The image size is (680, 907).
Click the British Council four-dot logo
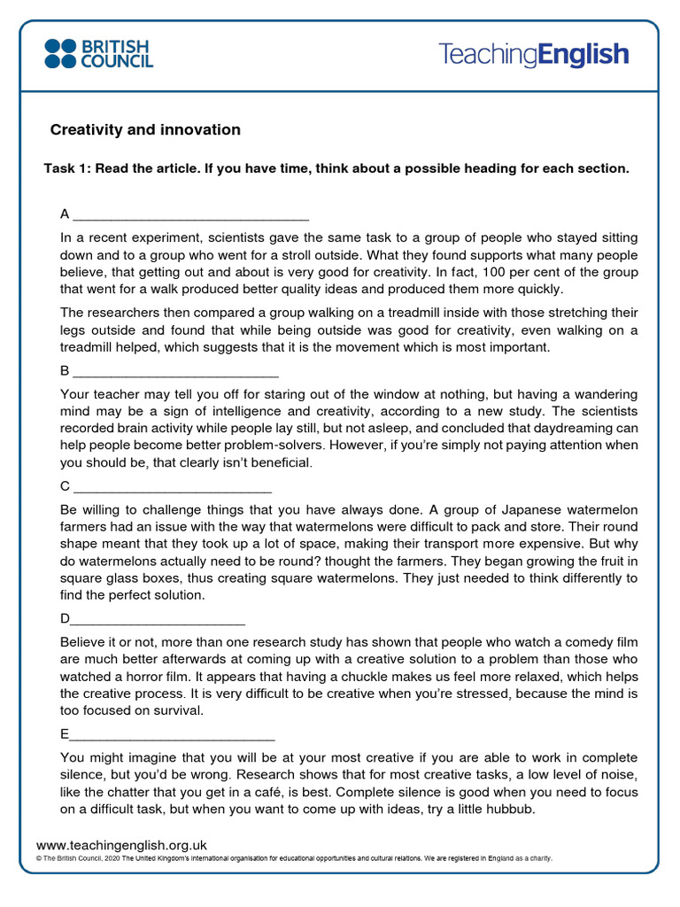(x=61, y=53)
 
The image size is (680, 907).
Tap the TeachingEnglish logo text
(x=533, y=54)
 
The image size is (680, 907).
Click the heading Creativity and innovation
(x=145, y=130)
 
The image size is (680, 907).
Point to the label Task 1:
(x=67, y=169)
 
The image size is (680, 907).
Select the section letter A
(x=65, y=214)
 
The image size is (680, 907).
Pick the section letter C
(x=65, y=486)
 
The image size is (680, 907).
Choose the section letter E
(x=65, y=733)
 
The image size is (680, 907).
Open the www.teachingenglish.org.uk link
(x=121, y=846)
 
